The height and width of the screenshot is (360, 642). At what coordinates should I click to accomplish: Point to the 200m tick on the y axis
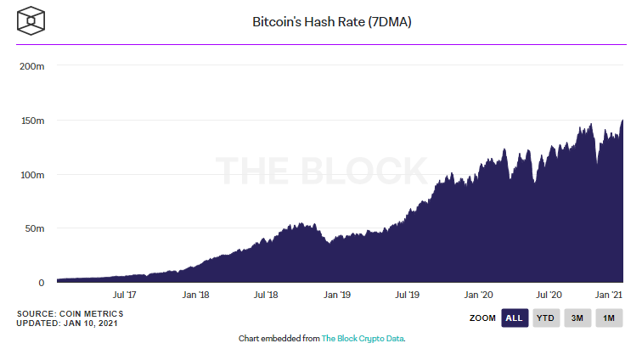[x=32, y=66]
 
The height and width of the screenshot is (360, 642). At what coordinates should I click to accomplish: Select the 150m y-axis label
[x=32, y=121]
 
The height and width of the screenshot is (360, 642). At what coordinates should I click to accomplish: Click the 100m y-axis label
[x=32, y=175]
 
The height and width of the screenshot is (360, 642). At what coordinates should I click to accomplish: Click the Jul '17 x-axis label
[x=125, y=295]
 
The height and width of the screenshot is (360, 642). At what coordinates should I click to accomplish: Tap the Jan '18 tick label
[x=196, y=295]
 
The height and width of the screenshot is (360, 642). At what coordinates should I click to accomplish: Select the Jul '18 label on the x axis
[x=267, y=295]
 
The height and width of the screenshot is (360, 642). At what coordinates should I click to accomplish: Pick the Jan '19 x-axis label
[x=338, y=295]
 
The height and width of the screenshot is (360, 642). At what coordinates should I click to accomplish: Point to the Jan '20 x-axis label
[x=480, y=295]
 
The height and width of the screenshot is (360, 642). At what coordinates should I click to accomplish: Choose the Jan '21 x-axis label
[x=611, y=295]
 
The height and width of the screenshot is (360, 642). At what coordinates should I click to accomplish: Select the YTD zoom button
[x=545, y=318]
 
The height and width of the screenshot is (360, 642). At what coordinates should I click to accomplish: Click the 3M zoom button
[x=577, y=318]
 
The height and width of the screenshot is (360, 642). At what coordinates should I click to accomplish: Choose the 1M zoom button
[x=608, y=318]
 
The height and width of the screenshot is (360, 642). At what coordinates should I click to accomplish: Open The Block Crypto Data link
[x=363, y=338]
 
